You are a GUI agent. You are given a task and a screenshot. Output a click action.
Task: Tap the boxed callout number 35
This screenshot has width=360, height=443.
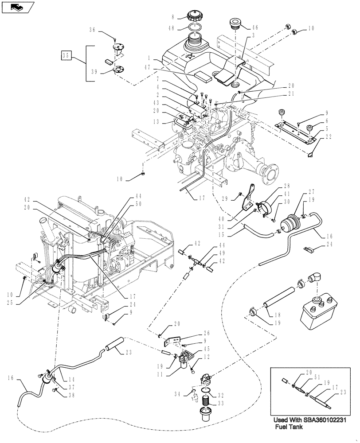[x=67, y=56]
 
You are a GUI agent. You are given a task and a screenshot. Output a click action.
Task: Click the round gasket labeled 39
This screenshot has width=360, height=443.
[x=117, y=69]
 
